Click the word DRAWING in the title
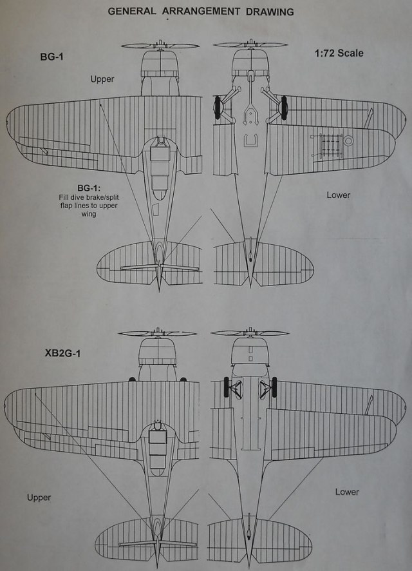click(x=267, y=12)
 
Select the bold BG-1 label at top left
click(x=53, y=57)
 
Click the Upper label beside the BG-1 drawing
click(x=102, y=79)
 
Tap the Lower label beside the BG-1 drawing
click(x=338, y=195)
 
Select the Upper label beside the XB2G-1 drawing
click(x=39, y=498)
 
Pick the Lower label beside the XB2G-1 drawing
click(x=347, y=492)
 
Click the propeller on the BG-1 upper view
click(x=158, y=46)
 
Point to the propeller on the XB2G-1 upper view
click(x=158, y=333)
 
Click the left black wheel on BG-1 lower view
click(x=219, y=107)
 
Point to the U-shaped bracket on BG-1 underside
click(x=251, y=140)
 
